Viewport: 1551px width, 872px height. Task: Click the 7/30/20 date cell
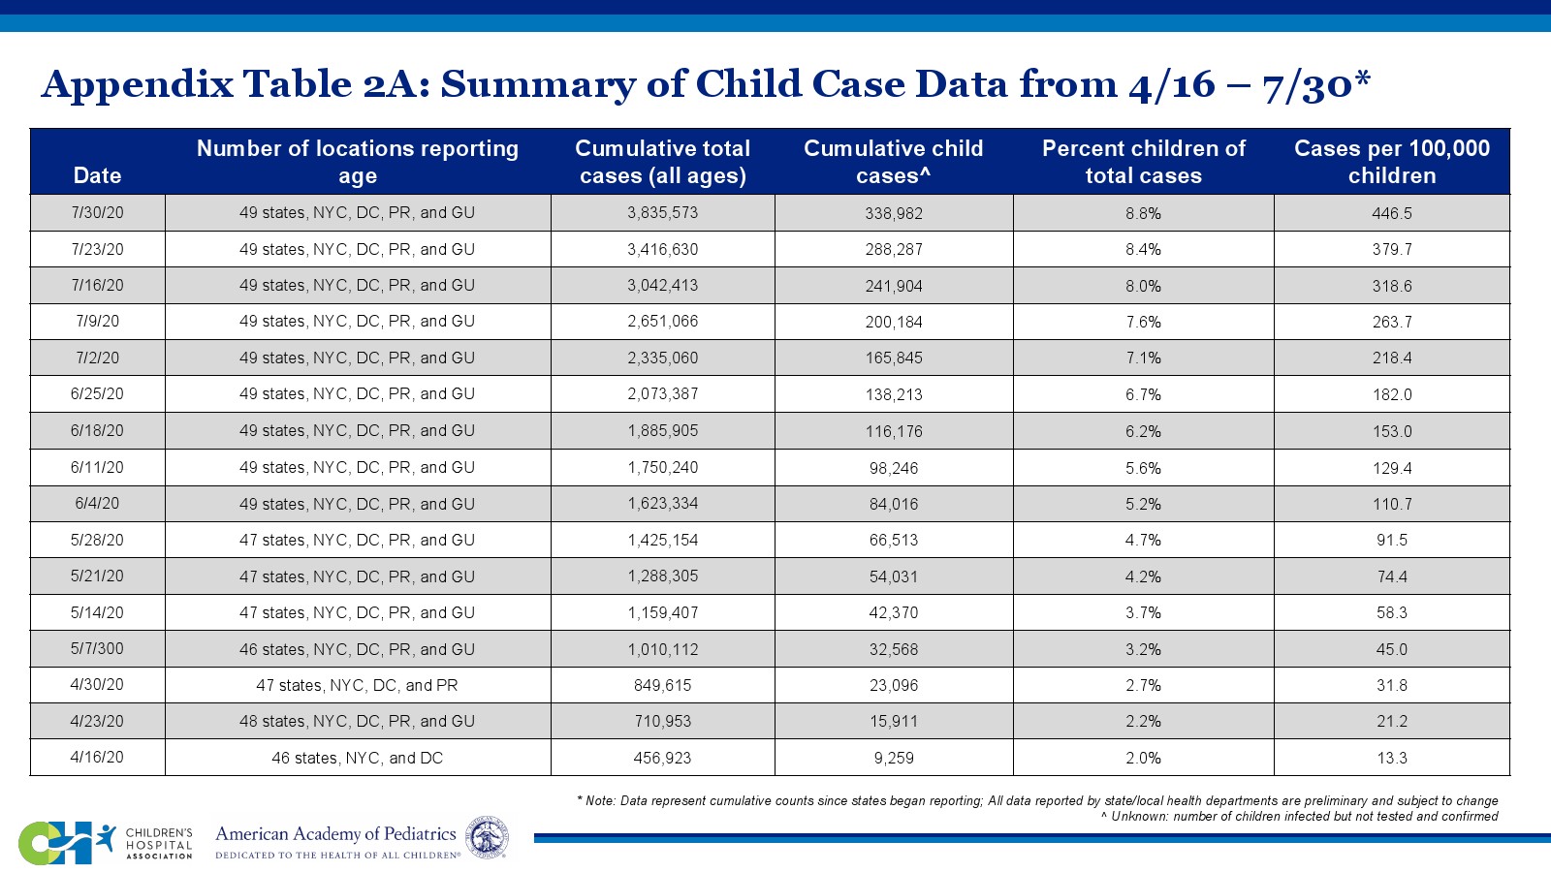tap(97, 213)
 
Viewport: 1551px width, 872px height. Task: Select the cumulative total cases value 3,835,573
tap(662, 213)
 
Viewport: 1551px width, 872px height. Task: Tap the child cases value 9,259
tap(893, 758)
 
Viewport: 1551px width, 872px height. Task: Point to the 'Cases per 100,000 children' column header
tap(1391, 162)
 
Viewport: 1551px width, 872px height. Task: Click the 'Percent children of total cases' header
tap(1143, 162)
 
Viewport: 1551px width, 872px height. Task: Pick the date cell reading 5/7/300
tap(97, 649)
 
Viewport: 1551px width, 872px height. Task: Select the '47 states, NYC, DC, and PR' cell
tap(357, 685)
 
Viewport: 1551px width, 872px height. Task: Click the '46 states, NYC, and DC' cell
tap(357, 758)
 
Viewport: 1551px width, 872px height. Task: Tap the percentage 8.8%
tap(1143, 213)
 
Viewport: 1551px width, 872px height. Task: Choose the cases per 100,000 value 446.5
tap(1391, 213)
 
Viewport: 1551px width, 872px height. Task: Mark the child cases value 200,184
tap(893, 322)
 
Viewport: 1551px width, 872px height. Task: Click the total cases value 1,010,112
tap(662, 649)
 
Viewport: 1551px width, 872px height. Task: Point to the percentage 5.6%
tap(1143, 468)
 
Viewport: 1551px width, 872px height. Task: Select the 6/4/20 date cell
tap(97, 504)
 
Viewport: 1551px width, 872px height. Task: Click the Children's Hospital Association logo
tap(105, 842)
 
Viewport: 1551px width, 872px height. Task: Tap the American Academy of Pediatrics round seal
tap(487, 837)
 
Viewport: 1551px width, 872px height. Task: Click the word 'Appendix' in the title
tap(138, 85)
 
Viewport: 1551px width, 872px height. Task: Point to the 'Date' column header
tap(97, 175)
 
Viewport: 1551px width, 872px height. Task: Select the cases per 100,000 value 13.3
tap(1391, 758)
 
